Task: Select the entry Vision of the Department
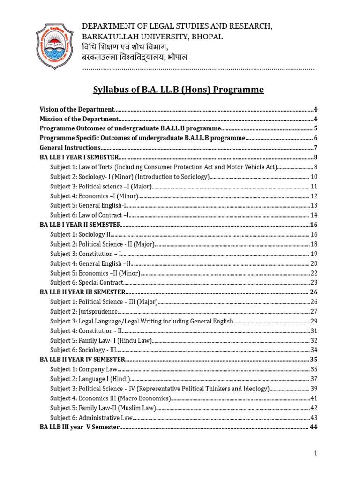tap(77, 109)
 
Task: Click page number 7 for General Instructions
tap(315, 148)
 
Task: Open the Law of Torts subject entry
tap(164, 167)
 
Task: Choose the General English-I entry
tap(88, 205)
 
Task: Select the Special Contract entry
tap(87, 283)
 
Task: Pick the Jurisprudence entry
tap(84, 311)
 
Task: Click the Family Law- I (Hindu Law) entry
tap(101, 340)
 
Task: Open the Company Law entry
tap(84, 369)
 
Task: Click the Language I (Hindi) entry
tap(90, 379)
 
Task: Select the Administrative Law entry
tap(92, 417)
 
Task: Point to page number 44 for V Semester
tap(314, 427)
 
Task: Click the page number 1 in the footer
tap(316, 453)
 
